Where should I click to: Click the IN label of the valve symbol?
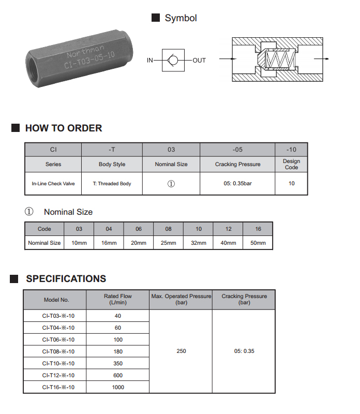click(x=150, y=61)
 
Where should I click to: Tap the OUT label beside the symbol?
click(x=199, y=61)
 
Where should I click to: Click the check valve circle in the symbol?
click(x=173, y=61)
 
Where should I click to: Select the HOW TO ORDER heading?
click(x=64, y=128)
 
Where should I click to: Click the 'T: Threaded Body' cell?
click(x=112, y=184)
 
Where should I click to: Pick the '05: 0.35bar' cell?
click(x=237, y=184)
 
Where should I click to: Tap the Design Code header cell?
click(x=291, y=165)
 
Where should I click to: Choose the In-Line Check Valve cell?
click(x=53, y=184)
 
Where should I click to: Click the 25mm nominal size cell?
click(x=169, y=243)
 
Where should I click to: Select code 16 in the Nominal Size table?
click(x=258, y=229)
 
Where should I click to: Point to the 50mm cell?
click(x=258, y=243)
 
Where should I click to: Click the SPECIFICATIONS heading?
click(x=66, y=279)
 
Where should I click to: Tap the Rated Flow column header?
click(x=118, y=300)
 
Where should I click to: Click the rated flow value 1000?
click(x=118, y=387)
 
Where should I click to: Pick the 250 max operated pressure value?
click(x=181, y=351)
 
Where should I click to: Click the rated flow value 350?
click(x=118, y=363)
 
